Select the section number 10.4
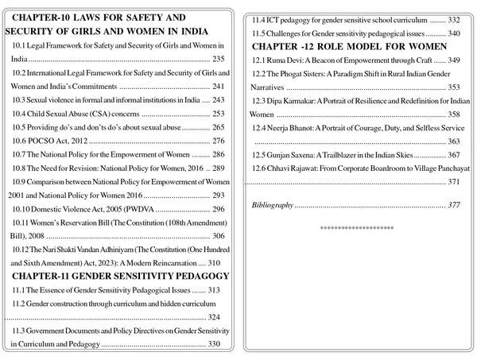click(22, 114)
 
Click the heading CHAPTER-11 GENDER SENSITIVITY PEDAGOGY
click(121, 276)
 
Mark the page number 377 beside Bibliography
click(453, 205)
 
